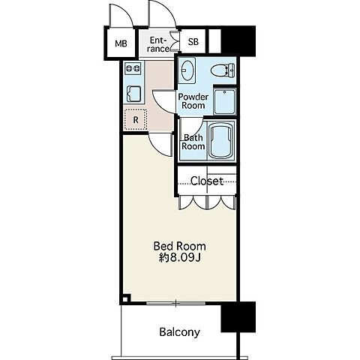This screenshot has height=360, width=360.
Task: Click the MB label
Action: click(x=121, y=43)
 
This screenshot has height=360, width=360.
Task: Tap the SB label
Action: click(x=193, y=41)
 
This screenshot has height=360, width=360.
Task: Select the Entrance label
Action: click(x=159, y=44)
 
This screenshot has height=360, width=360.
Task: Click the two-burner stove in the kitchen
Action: click(x=133, y=68)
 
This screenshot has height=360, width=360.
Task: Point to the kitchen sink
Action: click(x=133, y=94)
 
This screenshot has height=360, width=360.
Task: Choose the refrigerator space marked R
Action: click(x=136, y=119)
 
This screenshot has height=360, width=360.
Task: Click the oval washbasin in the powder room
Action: click(x=187, y=70)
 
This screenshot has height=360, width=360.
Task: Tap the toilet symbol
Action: click(x=223, y=70)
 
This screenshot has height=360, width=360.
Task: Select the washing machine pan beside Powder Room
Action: click(x=225, y=101)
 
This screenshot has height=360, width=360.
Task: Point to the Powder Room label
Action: click(x=193, y=100)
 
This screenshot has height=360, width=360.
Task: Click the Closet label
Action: click(x=207, y=181)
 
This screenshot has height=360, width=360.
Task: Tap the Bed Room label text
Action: click(x=180, y=246)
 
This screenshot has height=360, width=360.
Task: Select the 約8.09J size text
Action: click(x=180, y=258)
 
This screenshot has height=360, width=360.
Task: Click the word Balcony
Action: click(x=180, y=332)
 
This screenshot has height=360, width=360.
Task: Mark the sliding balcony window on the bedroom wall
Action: click(x=176, y=304)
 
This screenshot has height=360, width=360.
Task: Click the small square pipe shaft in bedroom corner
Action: click(x=126, y=298)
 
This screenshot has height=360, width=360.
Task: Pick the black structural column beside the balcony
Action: click(x=238, y=317)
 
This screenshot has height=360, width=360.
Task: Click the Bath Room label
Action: click(x=193, y=142)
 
